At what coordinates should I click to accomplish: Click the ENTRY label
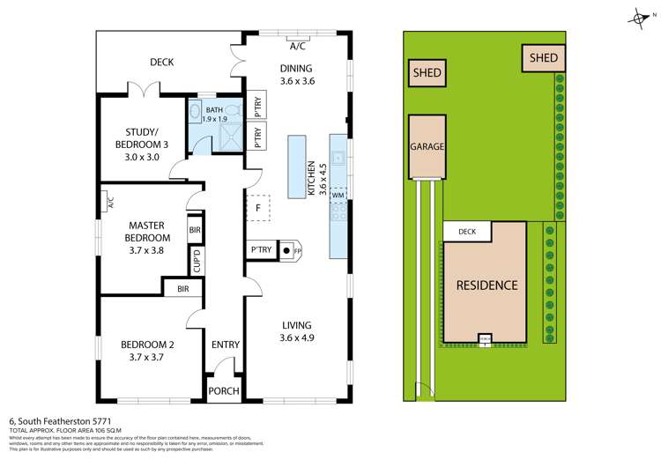225,345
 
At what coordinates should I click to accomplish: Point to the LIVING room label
297,330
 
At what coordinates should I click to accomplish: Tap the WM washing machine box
338,195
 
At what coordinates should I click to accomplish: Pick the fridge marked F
257,208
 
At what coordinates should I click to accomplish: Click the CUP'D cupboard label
198,262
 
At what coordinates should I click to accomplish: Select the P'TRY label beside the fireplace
262,250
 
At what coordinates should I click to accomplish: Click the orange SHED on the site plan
542,58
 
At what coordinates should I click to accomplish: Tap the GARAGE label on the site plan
427,146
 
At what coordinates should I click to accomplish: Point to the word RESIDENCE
486,285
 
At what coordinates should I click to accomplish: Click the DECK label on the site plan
466,233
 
